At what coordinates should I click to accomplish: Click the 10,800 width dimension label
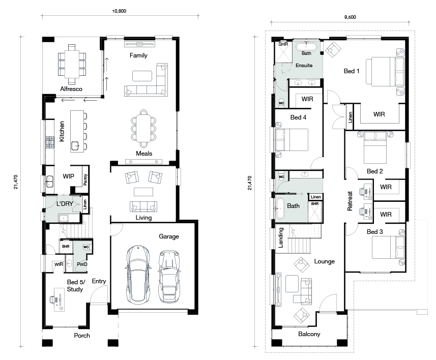pyautogui.click(x=119, y=11)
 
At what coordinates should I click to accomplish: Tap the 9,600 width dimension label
pyautogui.click(x=350, y=17)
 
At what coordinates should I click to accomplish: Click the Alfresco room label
pyautogui.click(x=71, y=89)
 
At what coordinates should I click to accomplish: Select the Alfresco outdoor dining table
pyautogui.click(x=72, y=64)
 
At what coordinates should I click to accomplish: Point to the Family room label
pyautogui.click(x=138, y=55)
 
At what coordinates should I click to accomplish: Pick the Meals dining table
pyautogui.click(x=143, y=129)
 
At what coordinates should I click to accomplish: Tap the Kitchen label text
pyautogui.click(x=62, y=131)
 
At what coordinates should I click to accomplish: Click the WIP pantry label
pyautogui.click(x=68, y=176)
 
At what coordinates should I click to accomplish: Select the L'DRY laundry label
pyautogui.click(x=65, y=204)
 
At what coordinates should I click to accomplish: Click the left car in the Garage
pyautogui.click(x=138, y=275)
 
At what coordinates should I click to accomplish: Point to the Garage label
pyautogui.click(x=169, y=236)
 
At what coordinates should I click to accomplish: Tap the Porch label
pyautogui.click(x=82, y=336)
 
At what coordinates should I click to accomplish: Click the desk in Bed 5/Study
pyautogui.click(x=59, y=299)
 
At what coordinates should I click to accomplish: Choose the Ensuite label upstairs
pyautogui.click(x=304, y=66)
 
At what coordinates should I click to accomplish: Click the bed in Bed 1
pyautogui.click(x=385, y=72)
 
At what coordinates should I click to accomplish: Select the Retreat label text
pyautogui.click(x=350, y=201)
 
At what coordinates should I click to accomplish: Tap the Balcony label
pyautogui.click(x=309, y=334)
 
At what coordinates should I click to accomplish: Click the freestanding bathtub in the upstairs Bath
pyautogui.click(x=280, y=208)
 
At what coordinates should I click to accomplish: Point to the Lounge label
pyautogui.click(x=324, y=261)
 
